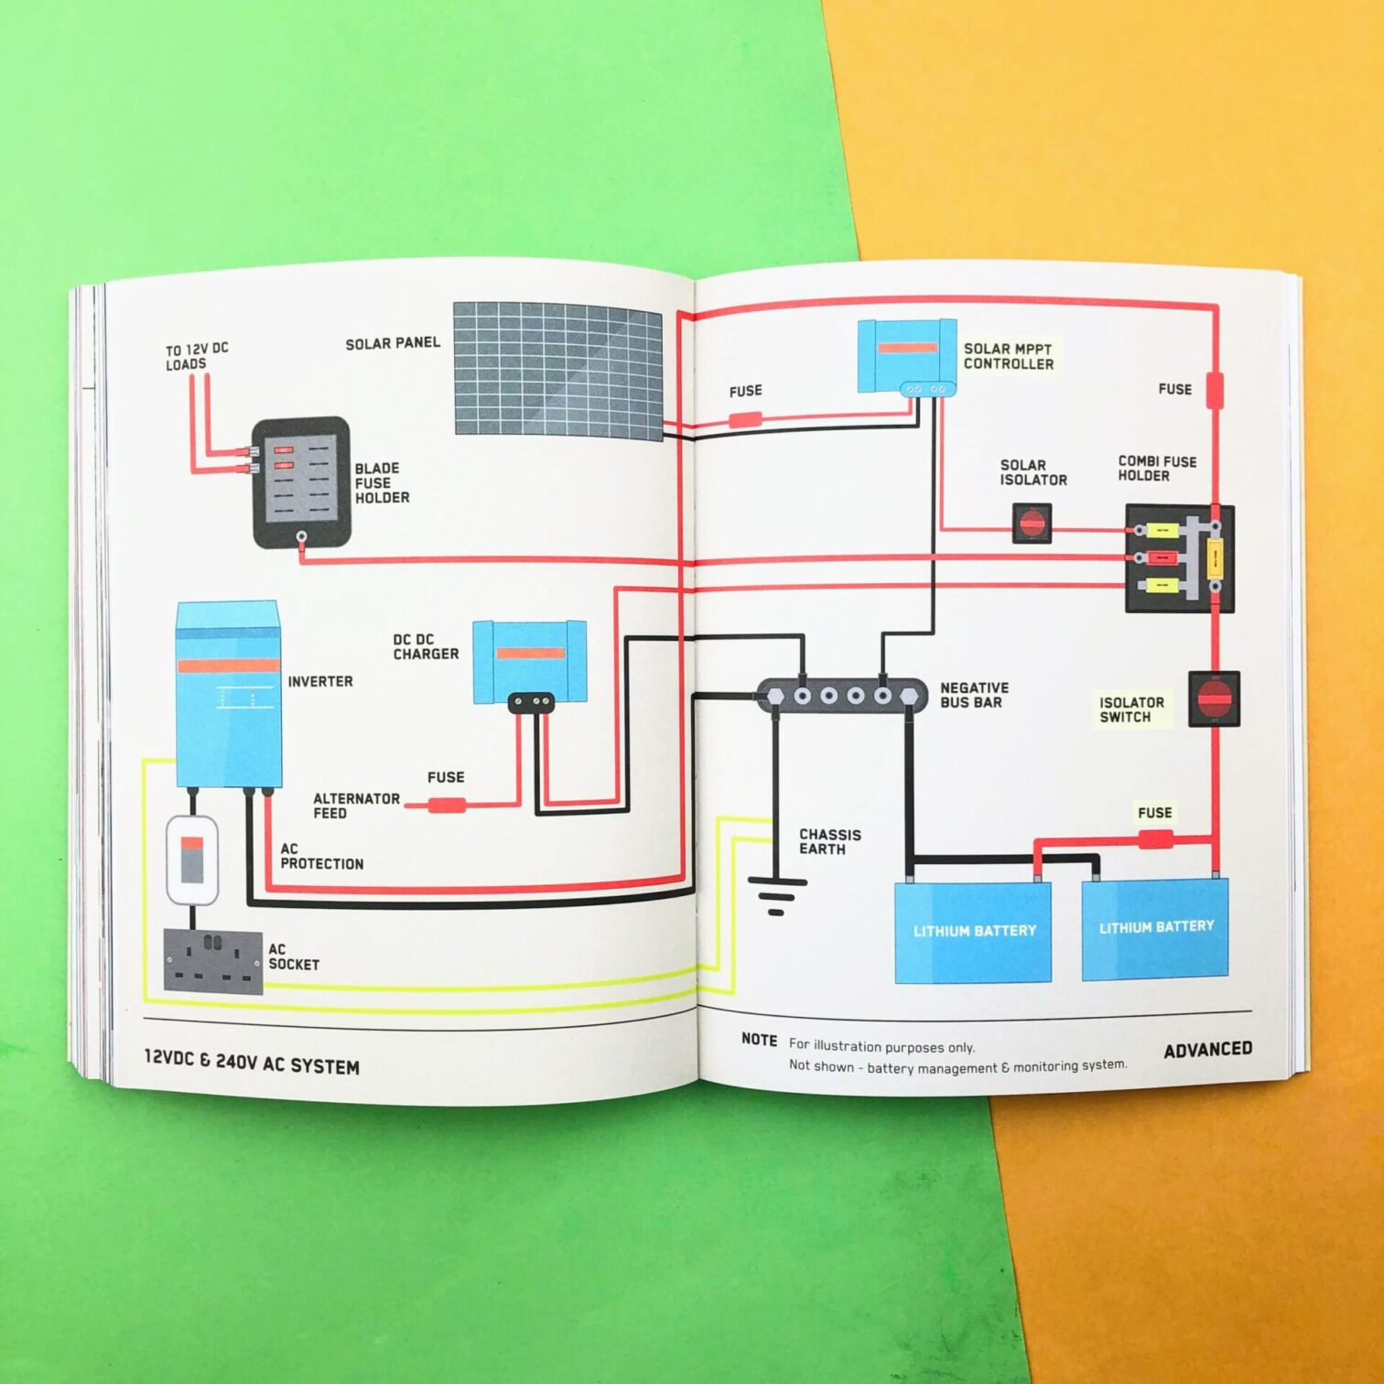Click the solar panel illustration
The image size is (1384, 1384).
pos(558,370)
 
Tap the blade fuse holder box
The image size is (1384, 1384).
pos(301,481)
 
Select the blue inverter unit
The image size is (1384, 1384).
pos(228,694)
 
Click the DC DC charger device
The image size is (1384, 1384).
pos(529,661)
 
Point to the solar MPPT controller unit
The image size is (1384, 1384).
pos(906,356)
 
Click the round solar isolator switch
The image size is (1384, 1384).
pos(1032,524)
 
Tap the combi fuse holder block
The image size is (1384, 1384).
pos(1179,558)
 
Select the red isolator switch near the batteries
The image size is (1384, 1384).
pos(1214,699)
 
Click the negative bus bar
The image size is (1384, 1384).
pos(842,696)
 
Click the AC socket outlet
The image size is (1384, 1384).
pos(213,960)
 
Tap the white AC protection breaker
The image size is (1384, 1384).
pos(192,860)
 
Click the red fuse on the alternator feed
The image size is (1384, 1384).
pos(448,806)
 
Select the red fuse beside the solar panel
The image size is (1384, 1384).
pos(745,420)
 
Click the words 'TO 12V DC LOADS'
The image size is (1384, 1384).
pos(196,356)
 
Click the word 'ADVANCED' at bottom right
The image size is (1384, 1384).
pos(1207,1049)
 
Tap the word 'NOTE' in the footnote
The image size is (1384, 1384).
pos(759,1040)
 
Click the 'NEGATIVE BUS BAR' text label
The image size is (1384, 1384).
pos(974,695)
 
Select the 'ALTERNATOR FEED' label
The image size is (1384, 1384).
pos(356,806)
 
